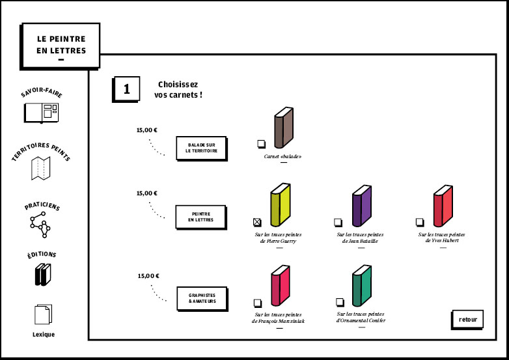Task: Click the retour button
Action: (x=467, y=320)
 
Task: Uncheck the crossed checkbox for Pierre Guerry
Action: (x=257, y=222)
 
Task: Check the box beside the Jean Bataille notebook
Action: (x=338, y=222)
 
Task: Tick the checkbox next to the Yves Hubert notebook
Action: (x=420, y=222)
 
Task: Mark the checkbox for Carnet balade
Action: (x=260, y=143)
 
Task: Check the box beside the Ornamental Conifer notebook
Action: (x=339, y=301)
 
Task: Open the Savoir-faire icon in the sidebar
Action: (x=41, y=113)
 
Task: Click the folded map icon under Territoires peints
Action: (x=41, y=168)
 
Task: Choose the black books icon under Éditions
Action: (x=42, y=274)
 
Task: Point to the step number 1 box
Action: (x=126, y=89)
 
